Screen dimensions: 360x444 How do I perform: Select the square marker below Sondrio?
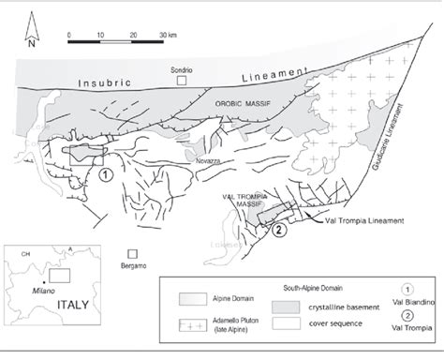click(x=193, y=82)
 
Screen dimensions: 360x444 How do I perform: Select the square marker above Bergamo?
click(x=133, y=253)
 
